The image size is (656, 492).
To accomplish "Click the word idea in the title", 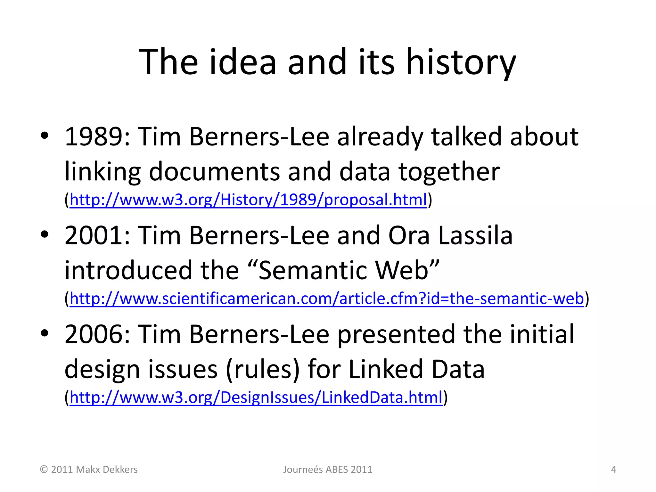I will click(x=242, y=62).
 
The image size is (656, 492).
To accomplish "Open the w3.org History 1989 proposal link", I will click(x=248, y=200).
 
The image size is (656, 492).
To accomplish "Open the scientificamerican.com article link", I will click(x=327, y=299).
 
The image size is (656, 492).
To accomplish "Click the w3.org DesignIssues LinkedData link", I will click(x=256, y=397).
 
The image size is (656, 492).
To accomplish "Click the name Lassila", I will click(x=475, y=236).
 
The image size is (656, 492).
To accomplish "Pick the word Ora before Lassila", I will click(x=409, y=236).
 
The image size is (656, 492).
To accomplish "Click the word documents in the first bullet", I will click(x=214, y=172).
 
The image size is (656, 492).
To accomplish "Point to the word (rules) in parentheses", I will click(x=263, y=369).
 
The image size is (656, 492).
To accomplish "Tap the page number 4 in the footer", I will click(x=613, y=470).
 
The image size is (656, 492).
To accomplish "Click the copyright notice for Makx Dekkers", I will click(x=89, y=470).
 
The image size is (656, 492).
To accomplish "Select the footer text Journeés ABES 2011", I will click(x=328, y=470).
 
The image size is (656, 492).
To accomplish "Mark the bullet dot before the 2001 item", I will click(x=45, y=234).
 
